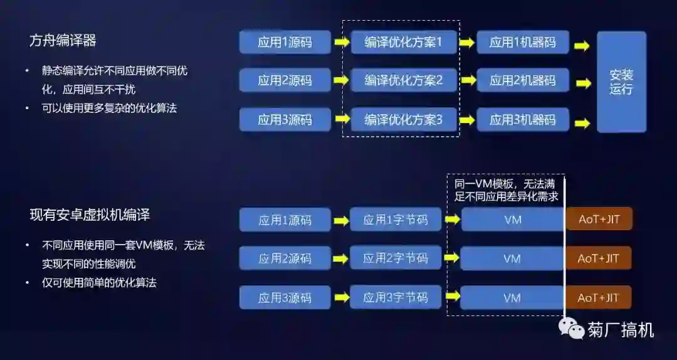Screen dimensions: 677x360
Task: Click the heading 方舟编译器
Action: pyautogui.click(x=63, y=41)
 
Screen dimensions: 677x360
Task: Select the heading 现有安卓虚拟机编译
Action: pyautogui.click(x=90, y=215)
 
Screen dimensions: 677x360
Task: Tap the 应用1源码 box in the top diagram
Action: pyautogui.click(x=285, y=43)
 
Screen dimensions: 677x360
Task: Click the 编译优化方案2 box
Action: pyautogui.click(x=404, y=80)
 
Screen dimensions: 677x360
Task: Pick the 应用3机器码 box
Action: pyautogui.click(x=522, y=119)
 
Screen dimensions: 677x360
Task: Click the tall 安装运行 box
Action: pyautogui.click(x=621, y=82)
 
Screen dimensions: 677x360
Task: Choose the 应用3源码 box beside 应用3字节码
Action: pyautogui.click(x=285, y=298)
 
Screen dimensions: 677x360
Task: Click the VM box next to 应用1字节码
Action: pyautogui.click(x=512, y=220)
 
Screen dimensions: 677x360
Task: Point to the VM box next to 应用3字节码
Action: pyautogui.click(x=512, y=298)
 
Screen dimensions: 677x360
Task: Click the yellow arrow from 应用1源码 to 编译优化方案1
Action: pyautogui.click(x=341, y=43)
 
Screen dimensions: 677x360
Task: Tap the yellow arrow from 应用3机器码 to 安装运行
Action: pyautogui.click(x=582, y=123)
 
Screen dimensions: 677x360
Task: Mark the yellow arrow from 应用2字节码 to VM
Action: pyautogui.click(x=452, y=258)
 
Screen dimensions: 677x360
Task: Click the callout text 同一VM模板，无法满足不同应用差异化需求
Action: pyautogui.click(x=506, y=189)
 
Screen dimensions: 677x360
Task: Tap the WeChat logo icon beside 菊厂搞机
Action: pyautogui.click(x=571, y=328)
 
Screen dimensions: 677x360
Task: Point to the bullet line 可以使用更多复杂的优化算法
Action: pyautogui.click(x=109, y=108)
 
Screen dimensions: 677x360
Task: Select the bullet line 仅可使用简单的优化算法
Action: pyautogui.click(x=99, y=283)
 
